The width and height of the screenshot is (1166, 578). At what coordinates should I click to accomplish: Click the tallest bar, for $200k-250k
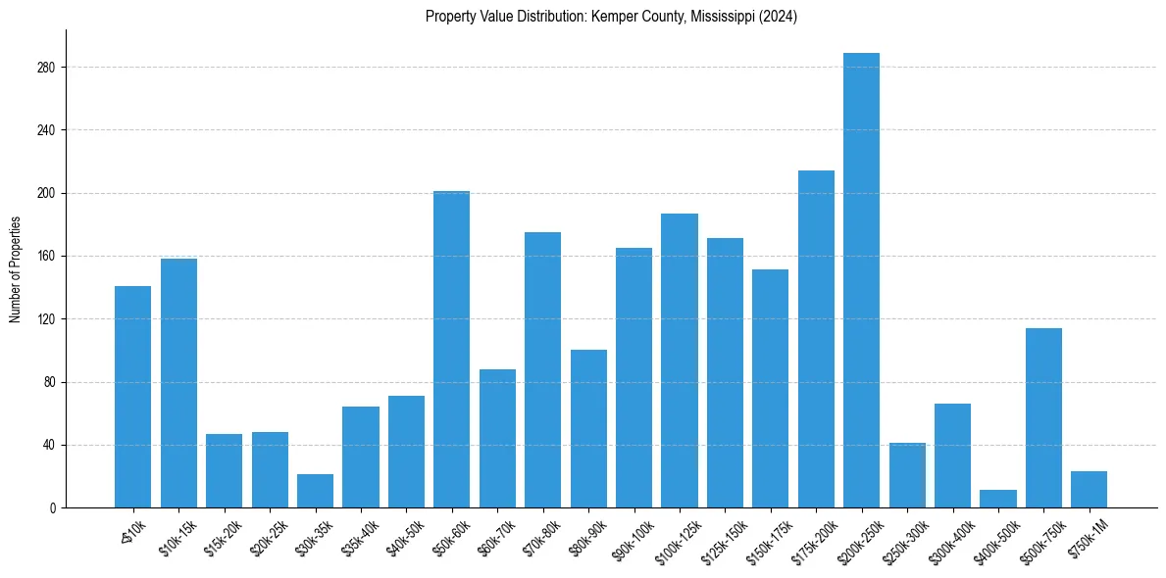tap(861, 280)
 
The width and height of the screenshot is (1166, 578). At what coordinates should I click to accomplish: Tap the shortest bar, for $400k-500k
tap(998, 499)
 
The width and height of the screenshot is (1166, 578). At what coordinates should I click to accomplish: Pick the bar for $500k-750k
tap(1043, 418)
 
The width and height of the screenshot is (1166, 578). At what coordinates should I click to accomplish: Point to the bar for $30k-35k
tap(315, 491)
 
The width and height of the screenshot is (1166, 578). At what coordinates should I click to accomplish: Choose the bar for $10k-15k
tap(178, 383)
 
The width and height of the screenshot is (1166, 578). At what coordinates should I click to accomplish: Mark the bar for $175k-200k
tap(816, 339)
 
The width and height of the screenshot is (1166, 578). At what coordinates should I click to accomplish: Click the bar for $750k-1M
tap(1089, 490)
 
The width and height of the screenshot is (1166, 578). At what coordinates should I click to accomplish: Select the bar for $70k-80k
tap(542, 370)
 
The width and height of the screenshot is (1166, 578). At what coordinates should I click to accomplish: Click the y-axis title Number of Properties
tap(15, 268)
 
